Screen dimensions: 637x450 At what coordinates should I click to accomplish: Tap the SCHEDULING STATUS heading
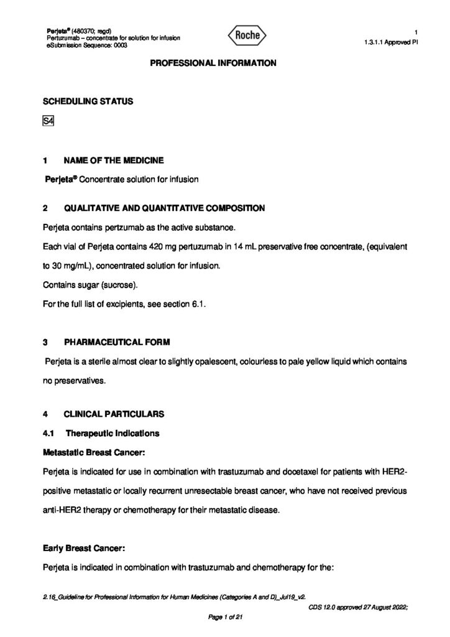(87, 101)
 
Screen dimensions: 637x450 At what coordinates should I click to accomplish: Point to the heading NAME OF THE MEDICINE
(114, 160)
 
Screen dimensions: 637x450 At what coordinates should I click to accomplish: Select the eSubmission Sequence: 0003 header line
(87, 45)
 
